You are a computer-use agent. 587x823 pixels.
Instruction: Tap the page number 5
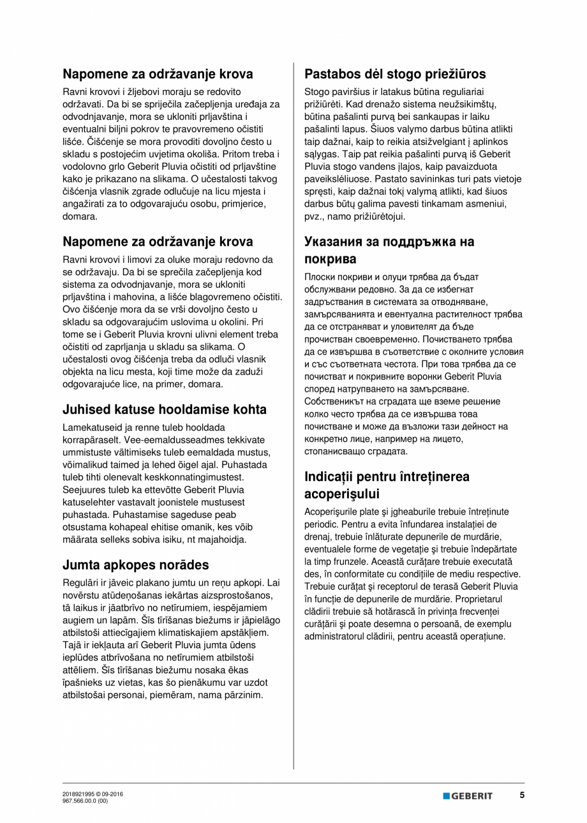pos(521,796)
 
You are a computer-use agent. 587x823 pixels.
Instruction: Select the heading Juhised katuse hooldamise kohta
pos(165,410)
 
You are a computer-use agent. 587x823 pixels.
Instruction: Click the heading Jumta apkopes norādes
pos(135,565)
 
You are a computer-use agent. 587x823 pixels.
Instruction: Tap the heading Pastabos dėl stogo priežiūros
pos(395,73)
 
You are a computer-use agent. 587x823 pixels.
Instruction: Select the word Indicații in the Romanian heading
pos(334,477)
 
